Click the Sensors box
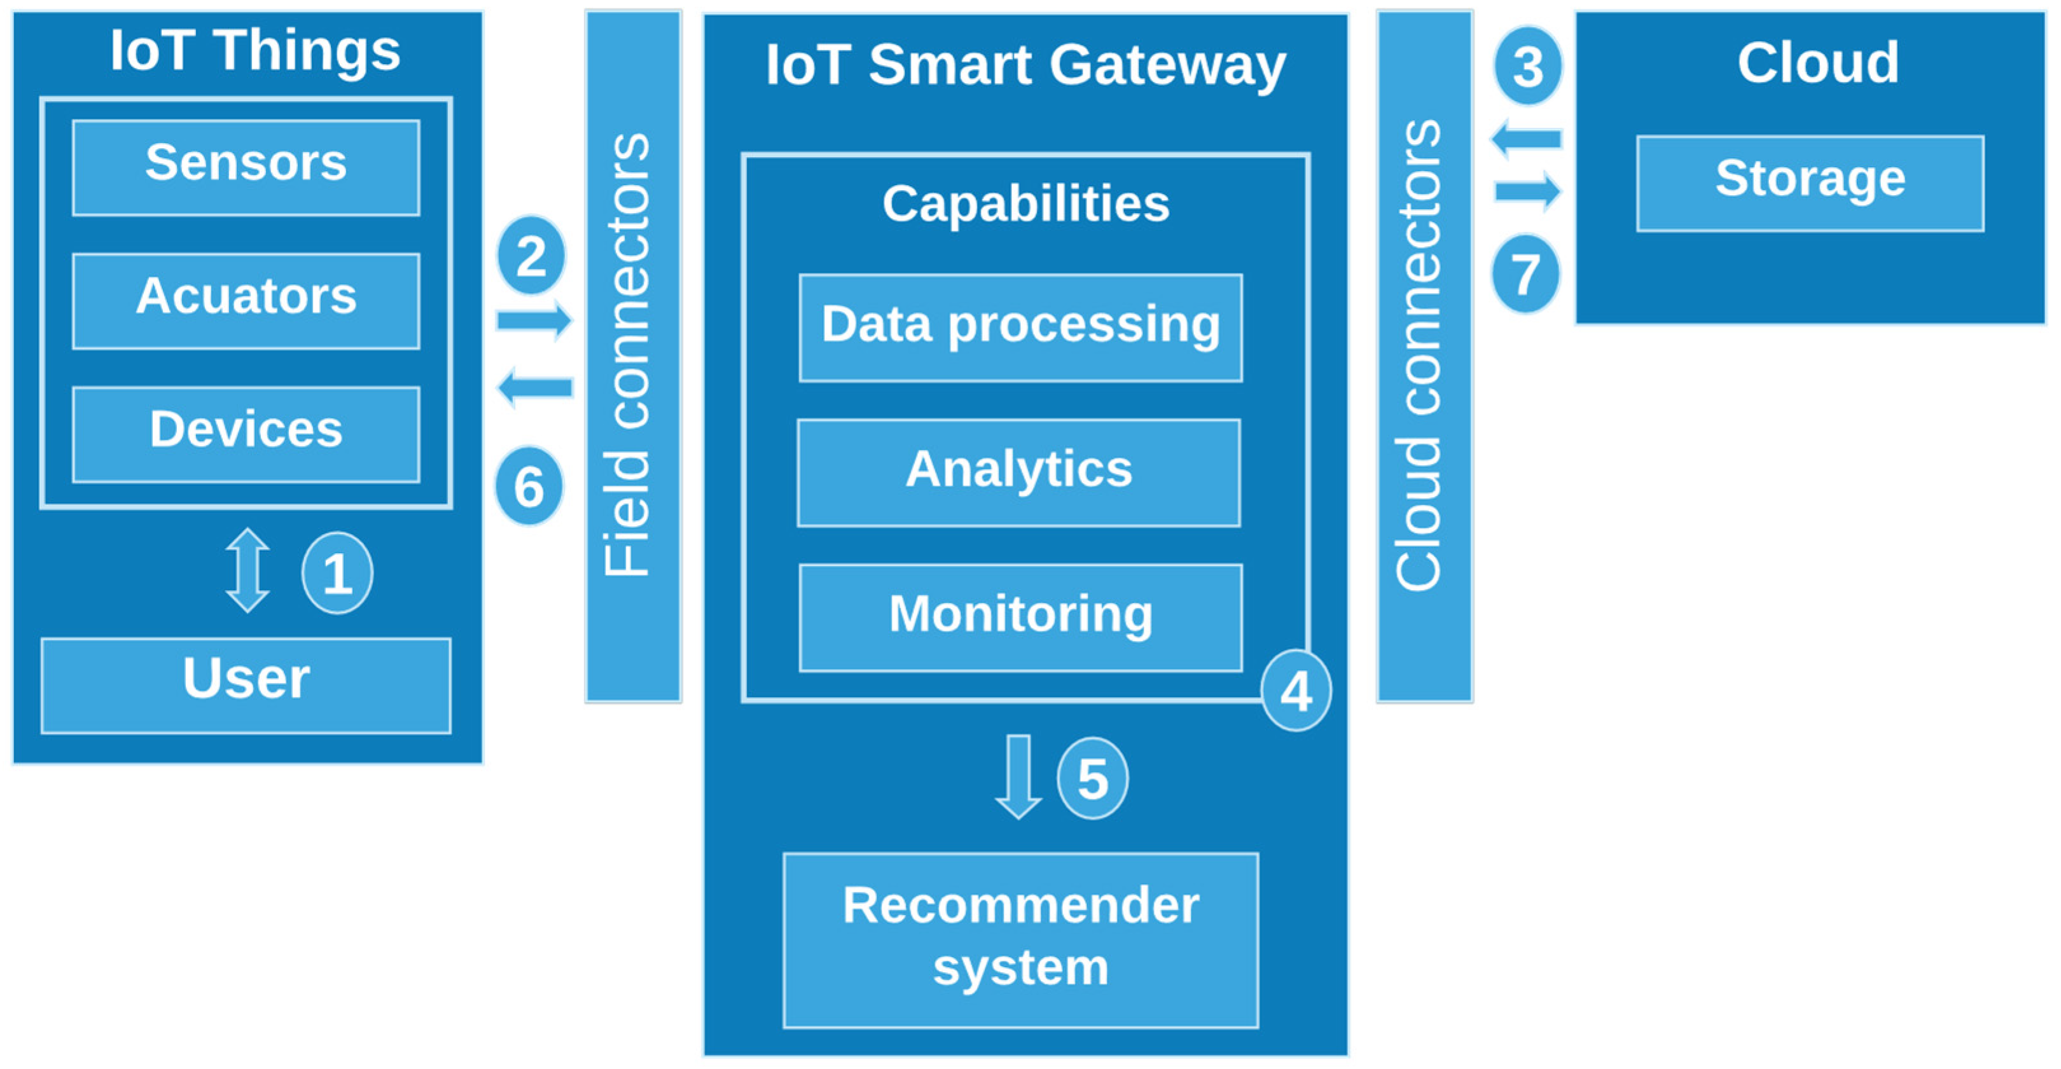click(x=246, y=167)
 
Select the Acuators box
click(x=246, y=301)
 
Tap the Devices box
click(x=246, y=434)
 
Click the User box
click(x=246, y=685)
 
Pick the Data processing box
click(x=1020, y=328)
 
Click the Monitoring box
click(x=1020, y=617)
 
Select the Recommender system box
click(x=1020, y=939)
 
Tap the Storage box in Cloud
click(x=1810, y=183)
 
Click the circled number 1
click(x=337, y=573)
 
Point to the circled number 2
click(x=531, y=256)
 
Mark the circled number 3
click(x=1527, y=66)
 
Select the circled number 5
click(x=1092, y=778)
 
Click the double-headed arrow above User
click(x=247, y=570)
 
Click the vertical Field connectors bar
click(x=633, y=356)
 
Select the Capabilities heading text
click(x=1025, y=203)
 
